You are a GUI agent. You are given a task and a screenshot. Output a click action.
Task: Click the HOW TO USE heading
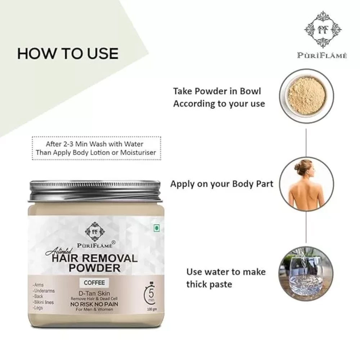pyautogui.click(x=68, y=54)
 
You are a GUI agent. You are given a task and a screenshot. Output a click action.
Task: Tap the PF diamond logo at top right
pyautogui.click(x=323, y=30)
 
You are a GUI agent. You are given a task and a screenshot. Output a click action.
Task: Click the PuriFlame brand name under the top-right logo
pyautogui.click(x=322, y=55)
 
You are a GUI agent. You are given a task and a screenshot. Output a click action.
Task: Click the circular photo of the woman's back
pyautogui.click(x=306, y=184)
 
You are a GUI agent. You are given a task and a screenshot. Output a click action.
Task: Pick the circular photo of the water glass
pyautogui.click(x=306, y=274)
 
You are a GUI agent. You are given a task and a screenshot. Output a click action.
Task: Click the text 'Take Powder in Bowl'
pyautogui.click(x=217, y=91)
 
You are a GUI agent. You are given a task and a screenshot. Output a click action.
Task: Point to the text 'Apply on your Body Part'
pyautogui.click(x=222, y=184)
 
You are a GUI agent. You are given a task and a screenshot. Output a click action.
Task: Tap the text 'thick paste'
pyautogui.click(x=209, y=284)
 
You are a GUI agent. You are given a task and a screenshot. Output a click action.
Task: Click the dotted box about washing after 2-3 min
pyautogui.click(x=96, y=148)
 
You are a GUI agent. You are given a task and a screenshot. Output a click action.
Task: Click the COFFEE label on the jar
pyautogui.click(x=94, y=283)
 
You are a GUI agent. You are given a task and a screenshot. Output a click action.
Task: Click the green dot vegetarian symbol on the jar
pyautogui.click(x=157, y=228)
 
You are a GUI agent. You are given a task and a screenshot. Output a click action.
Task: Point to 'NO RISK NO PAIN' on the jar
pyautogui.click(x=94, y=304)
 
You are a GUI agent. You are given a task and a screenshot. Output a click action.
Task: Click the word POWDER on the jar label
pyautogui.click(x=95, y=268)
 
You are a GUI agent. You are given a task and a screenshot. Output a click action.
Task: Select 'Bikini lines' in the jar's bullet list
pyautogui.click(x=44, y=302)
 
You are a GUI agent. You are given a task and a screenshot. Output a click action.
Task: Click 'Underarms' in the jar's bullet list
pyautogui.click(x=44, y=291)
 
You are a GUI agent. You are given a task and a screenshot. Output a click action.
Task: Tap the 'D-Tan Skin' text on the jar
pyautogui.click(x=94, y=293)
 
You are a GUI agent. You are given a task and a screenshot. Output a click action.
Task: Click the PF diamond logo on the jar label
pyautogui.click(x=95, y=231)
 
